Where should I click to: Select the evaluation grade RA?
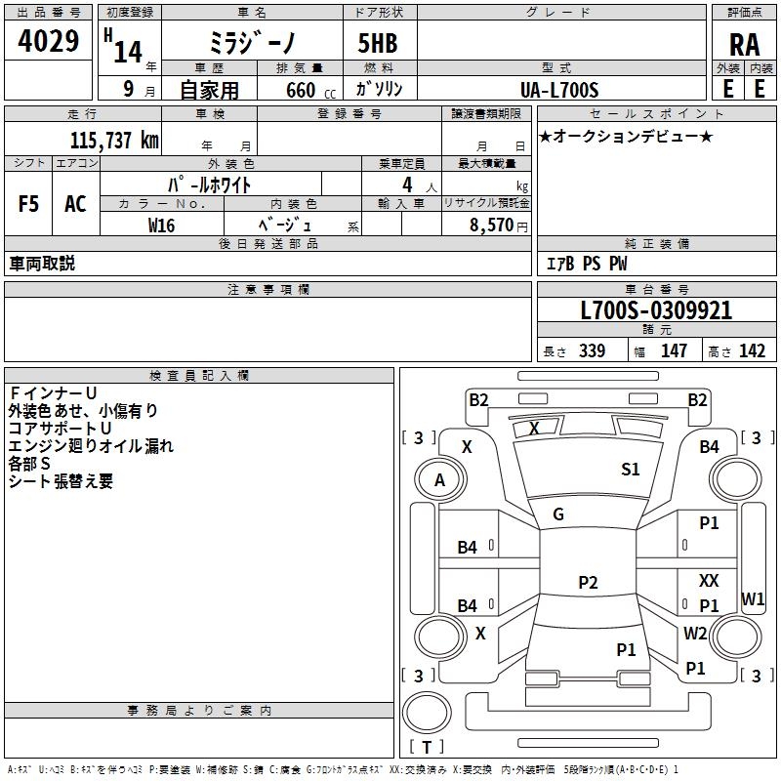(x=744, y=45)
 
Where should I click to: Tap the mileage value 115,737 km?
(x=114, y=141)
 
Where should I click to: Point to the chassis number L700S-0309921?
(x=655, y=311)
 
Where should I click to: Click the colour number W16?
(x=162, y=225)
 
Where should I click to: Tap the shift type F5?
(x=29, y=203)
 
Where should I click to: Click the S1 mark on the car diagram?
(x=631, y=470)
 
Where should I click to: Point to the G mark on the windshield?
(x=558, y=514)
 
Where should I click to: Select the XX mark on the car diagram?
(x=709, y=581)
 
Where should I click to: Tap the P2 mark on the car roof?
(x=588, y=583)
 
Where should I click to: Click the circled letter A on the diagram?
(x=439, y=480)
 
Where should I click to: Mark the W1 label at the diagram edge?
(x=753, y=599)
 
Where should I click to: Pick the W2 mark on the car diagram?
(x=695, y=633)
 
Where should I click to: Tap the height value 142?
(x=752, y=351)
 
